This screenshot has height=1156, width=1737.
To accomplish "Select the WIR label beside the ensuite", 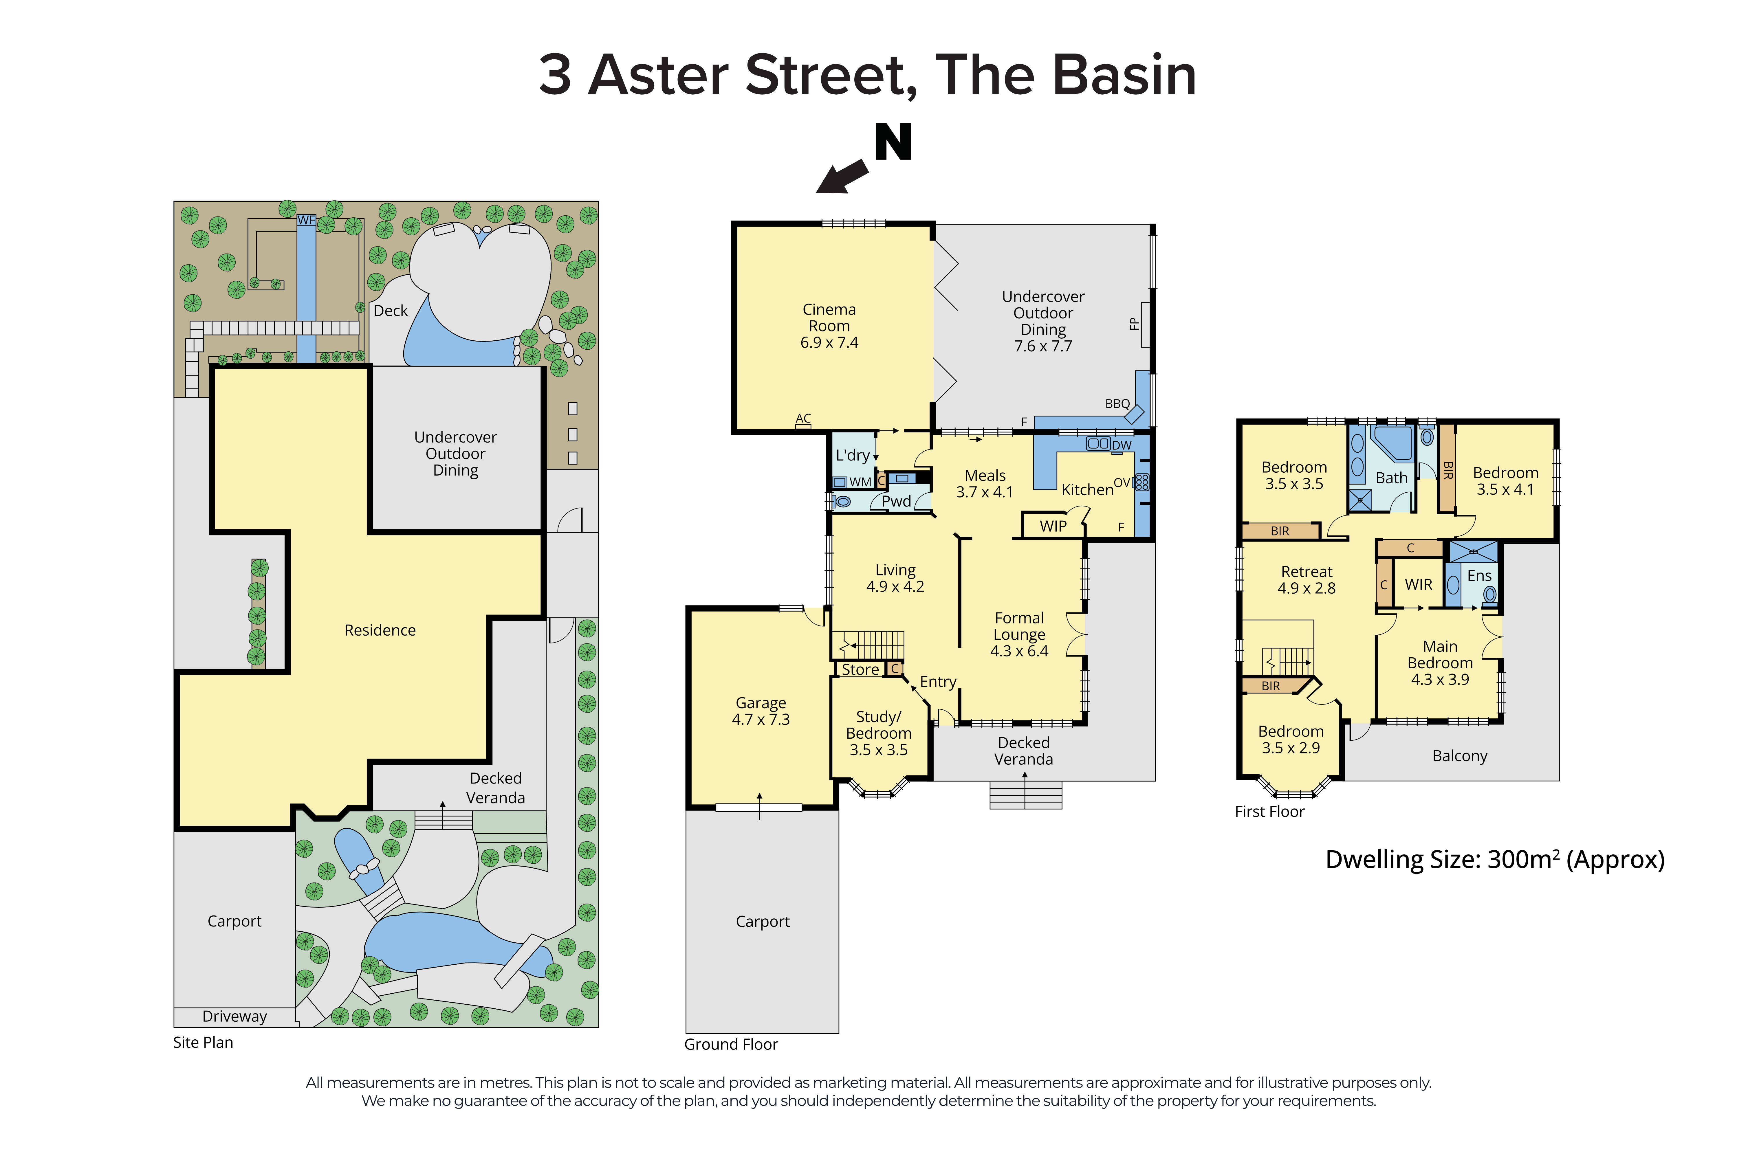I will point(1418,585).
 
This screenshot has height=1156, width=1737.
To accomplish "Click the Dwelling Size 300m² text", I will point(1494,860).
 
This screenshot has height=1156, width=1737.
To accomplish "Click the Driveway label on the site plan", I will point(234,1016).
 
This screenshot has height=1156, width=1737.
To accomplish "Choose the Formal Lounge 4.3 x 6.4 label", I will point(1019,634).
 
